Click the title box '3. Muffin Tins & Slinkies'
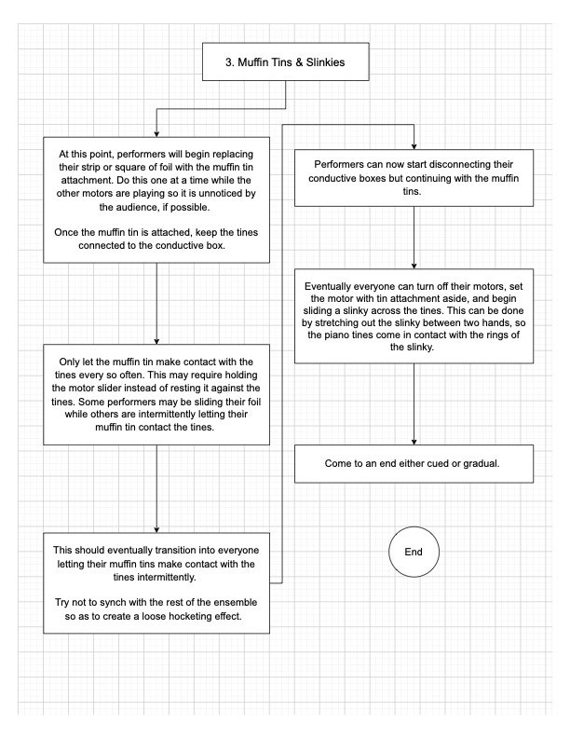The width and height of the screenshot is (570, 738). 285,64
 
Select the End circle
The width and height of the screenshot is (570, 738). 414,552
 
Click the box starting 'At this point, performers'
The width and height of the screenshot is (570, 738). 156,199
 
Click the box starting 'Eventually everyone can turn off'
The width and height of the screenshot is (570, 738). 414,316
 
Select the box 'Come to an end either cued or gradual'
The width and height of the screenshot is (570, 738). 414,463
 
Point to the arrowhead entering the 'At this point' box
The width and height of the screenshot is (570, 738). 156,133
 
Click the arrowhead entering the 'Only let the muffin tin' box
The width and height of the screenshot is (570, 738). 156,340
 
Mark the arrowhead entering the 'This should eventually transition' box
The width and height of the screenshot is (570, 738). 156,527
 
